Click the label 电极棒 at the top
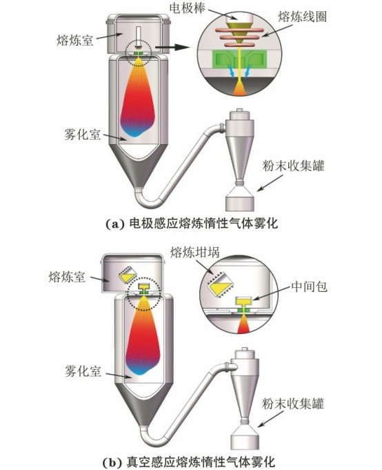pyautogui.click(x=188, y=8)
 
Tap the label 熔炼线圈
pyautogui.click(x=303, y=17)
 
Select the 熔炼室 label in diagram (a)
pyautogui.click(x=75, y=40)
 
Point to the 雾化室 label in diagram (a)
pyautogui.click(x=82, y=135)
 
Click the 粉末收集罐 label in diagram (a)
pyautogui.click(x=293, y=166)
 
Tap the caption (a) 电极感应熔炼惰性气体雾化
pyautogui.click(x=192, y=224)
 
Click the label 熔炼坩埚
pyautogui.click(x=195, y=253)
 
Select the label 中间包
pyautogui.click(x=309, y=287)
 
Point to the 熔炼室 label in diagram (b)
pyautogui.click(x=67, y=277)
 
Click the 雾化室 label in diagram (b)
pyautogui.click(x=83, y=372)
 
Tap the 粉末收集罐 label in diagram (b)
pyautogui.click(x=293, y=404)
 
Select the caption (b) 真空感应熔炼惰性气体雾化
pyautogui.click(x=189, y=462)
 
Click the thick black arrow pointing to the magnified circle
pyautogui.click(x=173, y=47)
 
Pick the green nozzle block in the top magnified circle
pyautogui.click(x=239, y=58)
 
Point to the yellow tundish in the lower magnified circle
pyautogui.click(x=243, y=301)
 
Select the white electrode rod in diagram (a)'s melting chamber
pyautogui.click(x=138, y=37)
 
